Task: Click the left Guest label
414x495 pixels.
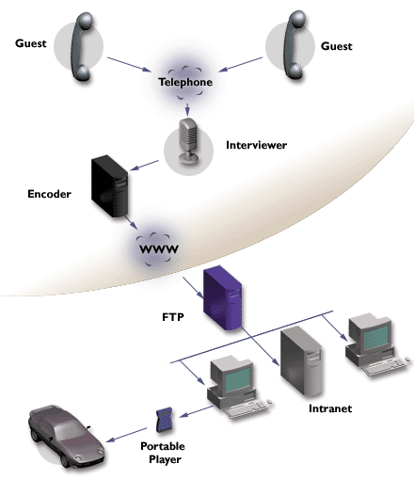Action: [31, 43]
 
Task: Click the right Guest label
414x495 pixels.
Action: [337, 46]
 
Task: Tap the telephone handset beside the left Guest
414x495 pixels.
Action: [81, 46]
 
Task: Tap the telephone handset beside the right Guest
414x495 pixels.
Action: [295, 44]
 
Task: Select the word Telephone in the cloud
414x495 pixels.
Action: [185, 82]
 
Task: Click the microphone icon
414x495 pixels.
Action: [188, 140]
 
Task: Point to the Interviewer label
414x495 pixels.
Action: [256, 145]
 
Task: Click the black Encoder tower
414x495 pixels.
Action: [110, 186]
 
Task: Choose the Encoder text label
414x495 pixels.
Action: [49, 194]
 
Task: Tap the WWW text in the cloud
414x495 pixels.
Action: [159, 249]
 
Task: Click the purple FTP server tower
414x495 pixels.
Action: [223, 298]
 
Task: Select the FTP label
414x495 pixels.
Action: [173, 316]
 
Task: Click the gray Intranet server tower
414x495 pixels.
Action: [301, 361]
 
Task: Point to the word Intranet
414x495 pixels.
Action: [330, 408]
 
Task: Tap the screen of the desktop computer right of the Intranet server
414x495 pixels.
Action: [375, 336]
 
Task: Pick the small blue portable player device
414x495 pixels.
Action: [165, 420]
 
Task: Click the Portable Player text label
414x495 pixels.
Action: [164, 453]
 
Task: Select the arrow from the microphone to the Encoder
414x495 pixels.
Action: [145, 166]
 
